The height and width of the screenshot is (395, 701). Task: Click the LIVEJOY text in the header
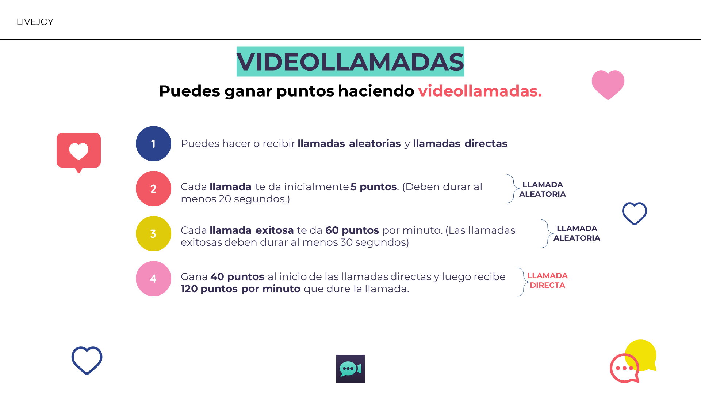[x=35, y=22]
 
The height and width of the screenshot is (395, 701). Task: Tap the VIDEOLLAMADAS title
[x=350, y=61]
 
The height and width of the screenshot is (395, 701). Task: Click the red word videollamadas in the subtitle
[x=480, y=91]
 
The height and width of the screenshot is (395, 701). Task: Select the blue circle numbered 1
[x=153, y=144]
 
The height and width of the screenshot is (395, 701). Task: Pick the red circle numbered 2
[x=153, y=189]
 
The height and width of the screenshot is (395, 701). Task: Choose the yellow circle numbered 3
[x=153, y=234]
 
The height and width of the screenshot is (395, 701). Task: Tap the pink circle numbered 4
[x=153, y=279]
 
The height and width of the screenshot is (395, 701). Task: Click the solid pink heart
[x=608, y=84]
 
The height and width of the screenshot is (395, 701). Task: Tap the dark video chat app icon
[x=350, y=369]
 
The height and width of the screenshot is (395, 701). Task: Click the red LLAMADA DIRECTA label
[x=547, y=281]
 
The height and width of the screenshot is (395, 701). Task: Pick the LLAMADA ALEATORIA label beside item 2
[x=543, y=189]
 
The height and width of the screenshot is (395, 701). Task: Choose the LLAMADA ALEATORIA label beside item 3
[x=577, y=233]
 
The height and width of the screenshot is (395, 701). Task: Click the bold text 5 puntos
[x=374, y=187]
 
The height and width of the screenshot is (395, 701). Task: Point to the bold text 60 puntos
[x=352, y=230]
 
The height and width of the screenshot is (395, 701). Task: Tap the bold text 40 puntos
[x=237, y=277]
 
